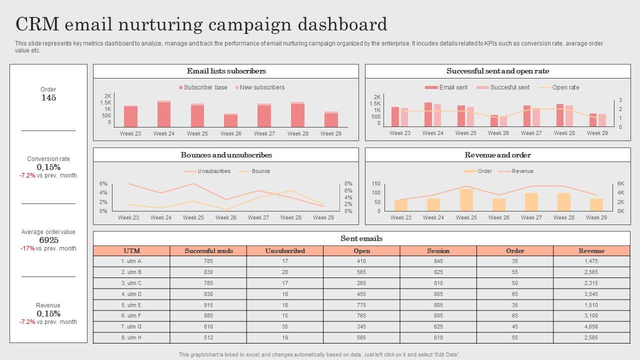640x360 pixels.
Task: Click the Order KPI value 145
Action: point(48,98)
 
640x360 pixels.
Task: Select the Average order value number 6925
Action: point(48,240)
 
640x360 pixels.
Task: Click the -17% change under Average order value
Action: point(27,248)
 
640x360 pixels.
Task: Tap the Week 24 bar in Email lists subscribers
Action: point(164,114)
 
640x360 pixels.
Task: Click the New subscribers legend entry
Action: point(259,87)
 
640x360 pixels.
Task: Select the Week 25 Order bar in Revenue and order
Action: point(466,200)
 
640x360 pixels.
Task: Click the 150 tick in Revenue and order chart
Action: point(376,184)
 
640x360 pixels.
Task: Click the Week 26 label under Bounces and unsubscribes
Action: point(226,217)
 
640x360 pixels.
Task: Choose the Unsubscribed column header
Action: point(285,251)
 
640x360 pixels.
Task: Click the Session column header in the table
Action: point(438,251)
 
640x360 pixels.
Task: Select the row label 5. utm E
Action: point(131,305)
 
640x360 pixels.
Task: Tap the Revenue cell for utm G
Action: point(591,326)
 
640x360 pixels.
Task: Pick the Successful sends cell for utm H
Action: point(208,337)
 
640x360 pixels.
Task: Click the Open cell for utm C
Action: point(361,283)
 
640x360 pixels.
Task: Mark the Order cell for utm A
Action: point(515,261)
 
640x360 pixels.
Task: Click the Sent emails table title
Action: point(361,238)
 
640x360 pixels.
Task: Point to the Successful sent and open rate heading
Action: point(497,71)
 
